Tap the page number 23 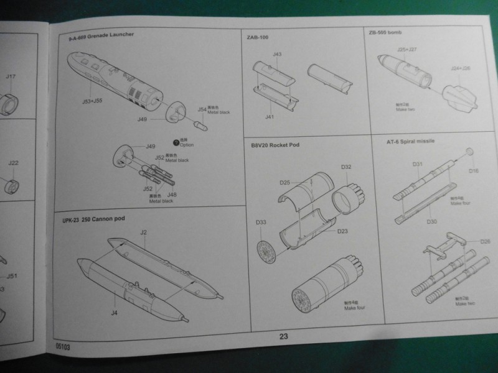click(284, 336)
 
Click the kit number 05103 click(62, 349)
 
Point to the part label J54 click(202, 109)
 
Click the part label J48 click(171, 195)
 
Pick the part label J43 click(277, 55)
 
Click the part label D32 click(346, 167)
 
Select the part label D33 click(261, 222)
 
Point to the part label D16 click(474, 170)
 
